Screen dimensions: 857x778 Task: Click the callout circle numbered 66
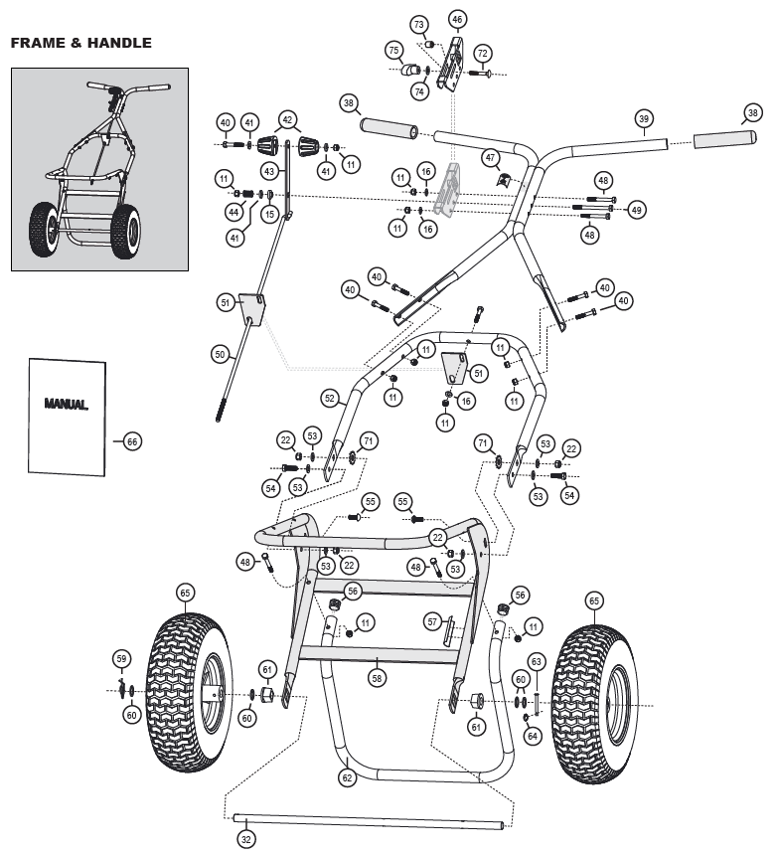point(132,441)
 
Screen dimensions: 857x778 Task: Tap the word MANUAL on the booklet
point(66,405)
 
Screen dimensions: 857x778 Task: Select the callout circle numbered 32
point(246,839)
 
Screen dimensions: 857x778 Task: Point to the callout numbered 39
point(644,120)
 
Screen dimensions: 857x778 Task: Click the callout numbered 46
point(457,19)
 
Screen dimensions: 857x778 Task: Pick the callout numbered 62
point(346,777)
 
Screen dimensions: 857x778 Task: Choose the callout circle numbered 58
point(377,678)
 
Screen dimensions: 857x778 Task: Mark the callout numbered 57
point(432,621)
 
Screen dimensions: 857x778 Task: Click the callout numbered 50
point(220,353)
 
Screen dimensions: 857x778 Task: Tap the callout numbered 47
point(490,157)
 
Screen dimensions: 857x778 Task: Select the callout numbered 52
point(329,397)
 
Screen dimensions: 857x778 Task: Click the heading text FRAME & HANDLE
point(80,43)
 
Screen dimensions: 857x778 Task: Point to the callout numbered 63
point(536,661)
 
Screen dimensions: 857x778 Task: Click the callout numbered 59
point(122,658)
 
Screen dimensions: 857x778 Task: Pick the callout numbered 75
point(394,50)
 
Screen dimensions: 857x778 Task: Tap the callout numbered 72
point(483,53)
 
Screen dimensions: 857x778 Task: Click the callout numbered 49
point(637,210)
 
